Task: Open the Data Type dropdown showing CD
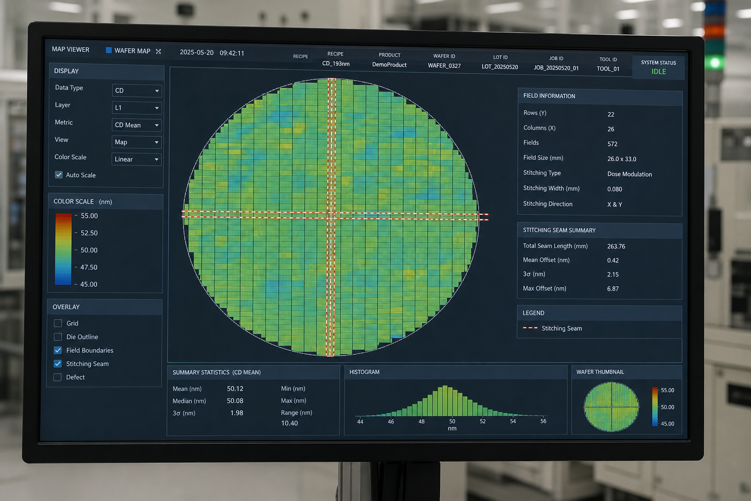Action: [137, 91]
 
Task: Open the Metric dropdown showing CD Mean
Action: [136, 125]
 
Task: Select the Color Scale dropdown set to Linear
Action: [136, 159]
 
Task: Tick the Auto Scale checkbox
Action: [59, 175]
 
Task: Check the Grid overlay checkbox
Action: [58, 323]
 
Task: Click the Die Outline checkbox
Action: [58, 337]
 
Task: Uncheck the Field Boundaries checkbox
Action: [58, 350]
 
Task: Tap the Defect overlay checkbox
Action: [58, 377]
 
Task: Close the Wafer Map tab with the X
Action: [158, 51]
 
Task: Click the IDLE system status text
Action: [659, 71]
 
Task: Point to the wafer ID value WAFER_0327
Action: [444, 66]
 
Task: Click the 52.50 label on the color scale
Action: [89, 233]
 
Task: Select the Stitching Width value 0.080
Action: [615, 189]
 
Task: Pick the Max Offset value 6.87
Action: [613, 289]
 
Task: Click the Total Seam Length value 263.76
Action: [616, 246]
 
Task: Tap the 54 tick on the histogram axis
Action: [513, 421]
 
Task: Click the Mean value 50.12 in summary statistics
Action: [235, 388]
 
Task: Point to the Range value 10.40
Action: [289, 423]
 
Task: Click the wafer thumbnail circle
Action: [611, 407]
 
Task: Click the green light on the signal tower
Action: [714, 63]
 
